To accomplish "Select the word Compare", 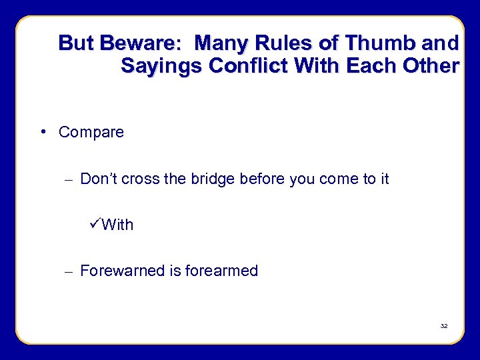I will (x=91, y=132).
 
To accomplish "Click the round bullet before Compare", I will (x=43, y=131).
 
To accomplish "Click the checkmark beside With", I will (x=95, y=224).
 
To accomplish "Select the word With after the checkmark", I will (x=118, y=225).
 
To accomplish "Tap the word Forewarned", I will (x=121, y=271).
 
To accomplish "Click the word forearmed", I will (x=221, y=271).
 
